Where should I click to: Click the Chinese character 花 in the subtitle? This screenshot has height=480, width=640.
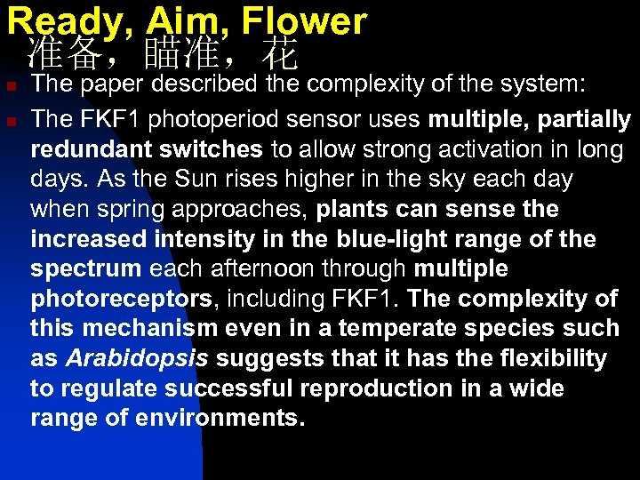pyautogui.click(x=280, y=55)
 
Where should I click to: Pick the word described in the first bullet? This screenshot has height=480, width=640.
pyautogui.click(x=203, y=85)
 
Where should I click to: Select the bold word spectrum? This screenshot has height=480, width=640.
pyautogui.click(x=85, y=268)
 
